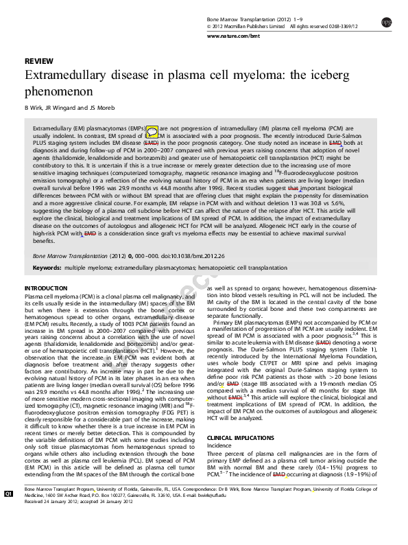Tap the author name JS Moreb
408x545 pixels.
pyautogui.click(x=97, y=108)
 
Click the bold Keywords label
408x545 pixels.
pyautogui.click(x=47, y=267)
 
